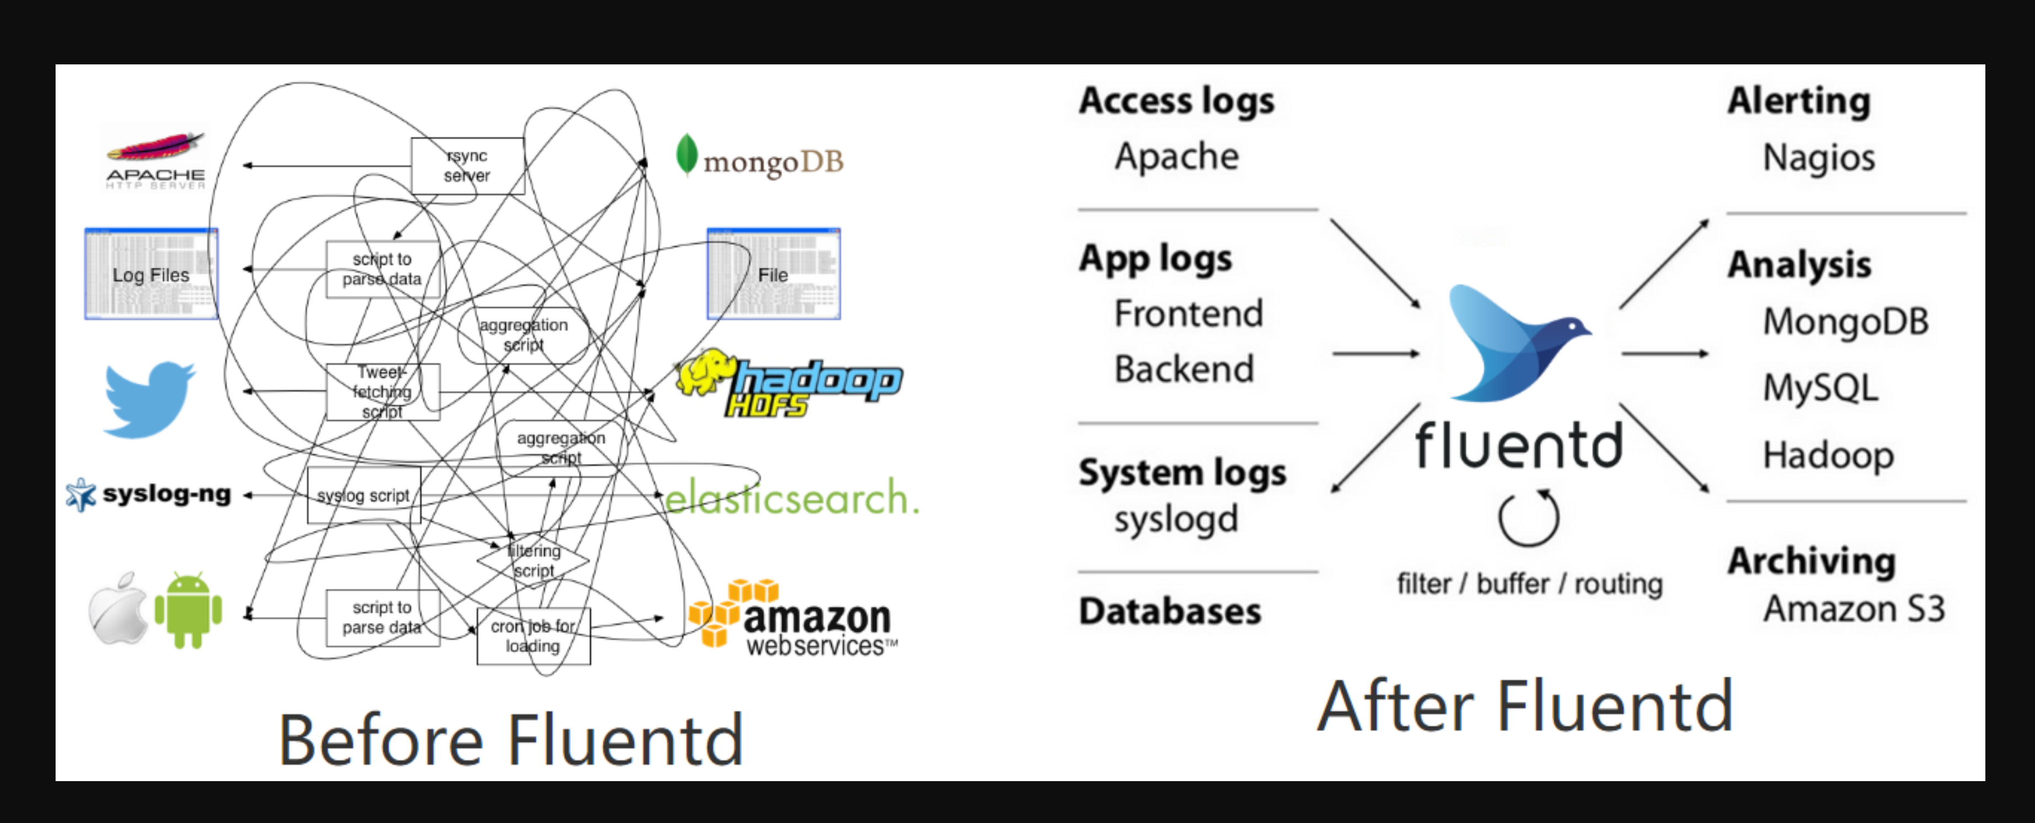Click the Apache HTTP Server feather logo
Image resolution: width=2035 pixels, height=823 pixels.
155,149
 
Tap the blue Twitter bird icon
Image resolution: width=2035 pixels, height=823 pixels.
148,399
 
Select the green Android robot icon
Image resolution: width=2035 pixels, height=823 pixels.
188,610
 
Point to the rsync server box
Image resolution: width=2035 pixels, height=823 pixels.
467,166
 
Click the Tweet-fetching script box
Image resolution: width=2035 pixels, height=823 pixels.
383,392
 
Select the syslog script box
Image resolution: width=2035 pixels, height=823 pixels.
363,495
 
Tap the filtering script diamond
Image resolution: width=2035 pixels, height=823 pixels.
533,561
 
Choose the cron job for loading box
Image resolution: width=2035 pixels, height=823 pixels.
533,636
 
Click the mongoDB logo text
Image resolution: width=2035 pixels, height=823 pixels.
773,162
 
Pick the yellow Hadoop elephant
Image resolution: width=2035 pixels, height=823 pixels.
704,373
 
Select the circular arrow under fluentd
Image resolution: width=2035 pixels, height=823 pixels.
1528,518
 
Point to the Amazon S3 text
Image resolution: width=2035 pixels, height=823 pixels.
1853,609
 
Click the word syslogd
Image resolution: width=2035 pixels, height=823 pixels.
1176,519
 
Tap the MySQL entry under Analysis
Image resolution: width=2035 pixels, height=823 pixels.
1820,388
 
